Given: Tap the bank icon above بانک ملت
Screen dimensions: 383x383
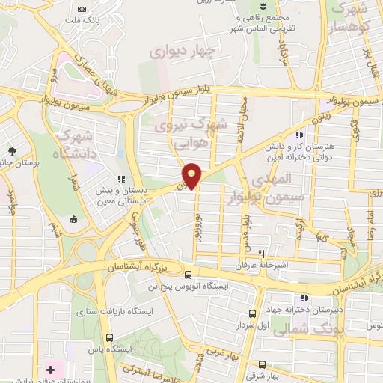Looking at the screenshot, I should tap(81, 9).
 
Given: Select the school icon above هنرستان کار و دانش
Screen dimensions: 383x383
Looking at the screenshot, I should tap(299, 135).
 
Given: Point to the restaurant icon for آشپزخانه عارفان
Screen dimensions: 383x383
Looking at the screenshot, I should tap(261, 254).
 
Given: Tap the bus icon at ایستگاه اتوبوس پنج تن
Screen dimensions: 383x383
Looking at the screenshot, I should tap(188, 275).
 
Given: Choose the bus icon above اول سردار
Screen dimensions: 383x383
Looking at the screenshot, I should tap(252, 314).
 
